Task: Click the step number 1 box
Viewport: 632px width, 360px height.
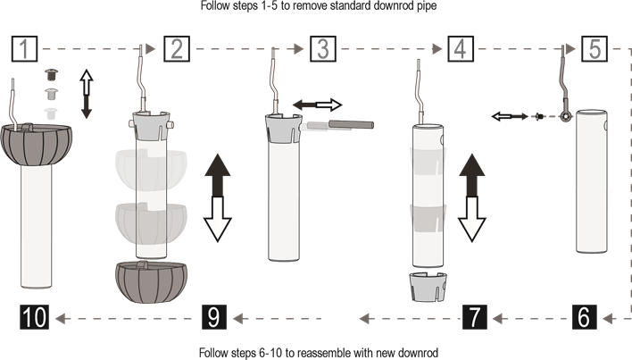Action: click(x=24, y=49)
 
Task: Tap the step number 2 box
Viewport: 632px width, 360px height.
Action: click(x=177, y=49)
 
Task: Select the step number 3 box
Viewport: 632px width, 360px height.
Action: click(x=323, y=49)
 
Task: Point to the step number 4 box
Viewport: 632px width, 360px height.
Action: click(x=461, y=49)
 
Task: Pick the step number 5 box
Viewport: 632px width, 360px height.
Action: click(x=595, y=49)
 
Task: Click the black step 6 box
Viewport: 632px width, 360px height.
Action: click(x=585, y=317)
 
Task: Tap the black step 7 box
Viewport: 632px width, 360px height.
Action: click(x=474, y=317)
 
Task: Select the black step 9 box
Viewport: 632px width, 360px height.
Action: click(x=214, y=317)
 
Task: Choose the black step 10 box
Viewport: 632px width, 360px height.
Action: click(x=34, y=317)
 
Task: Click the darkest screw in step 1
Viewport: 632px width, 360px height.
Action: click(x=51, y=74)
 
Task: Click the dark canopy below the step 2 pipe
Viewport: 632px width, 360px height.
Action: click(x=151, y=281)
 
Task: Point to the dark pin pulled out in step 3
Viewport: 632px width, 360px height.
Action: click(x=351, y=124)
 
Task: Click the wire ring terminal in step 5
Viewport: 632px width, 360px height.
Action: click(x=566, y=117)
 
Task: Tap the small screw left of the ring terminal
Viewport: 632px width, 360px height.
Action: click(x=539, y=116)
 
